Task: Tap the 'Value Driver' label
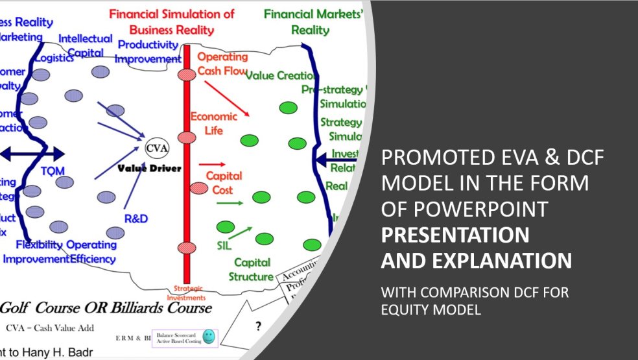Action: click(149, 168)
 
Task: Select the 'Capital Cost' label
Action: click(224, 183)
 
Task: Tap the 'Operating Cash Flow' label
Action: click(222, 64)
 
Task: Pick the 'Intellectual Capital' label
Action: click(86, 45)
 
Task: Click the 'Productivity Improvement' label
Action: click(147, 52)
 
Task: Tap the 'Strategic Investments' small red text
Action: click(189, 293)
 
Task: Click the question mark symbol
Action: click(257, 327)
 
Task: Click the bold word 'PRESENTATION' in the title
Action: click(454, 234)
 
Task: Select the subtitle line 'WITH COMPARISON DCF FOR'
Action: click(474, 293)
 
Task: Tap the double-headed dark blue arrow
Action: click(32, 154)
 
